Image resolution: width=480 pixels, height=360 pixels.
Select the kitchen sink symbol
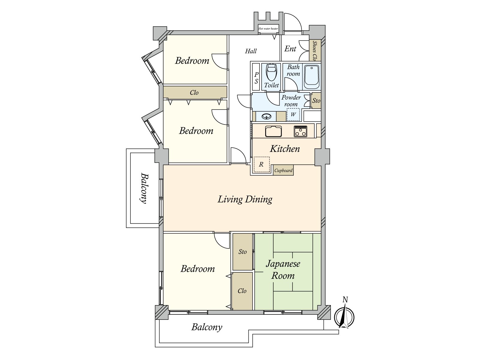[273, 131]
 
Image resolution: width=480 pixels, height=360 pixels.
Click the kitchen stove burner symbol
[300, 131]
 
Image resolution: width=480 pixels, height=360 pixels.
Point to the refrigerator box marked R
[262, 165]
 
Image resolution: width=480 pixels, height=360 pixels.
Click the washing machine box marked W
[293, 115]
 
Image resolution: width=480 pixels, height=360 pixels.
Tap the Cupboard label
[283, 170]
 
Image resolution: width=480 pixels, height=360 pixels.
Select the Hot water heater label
[268, 29]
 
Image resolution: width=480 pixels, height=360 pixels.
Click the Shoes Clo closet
[315, 50]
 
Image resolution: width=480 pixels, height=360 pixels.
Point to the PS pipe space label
[256, 78]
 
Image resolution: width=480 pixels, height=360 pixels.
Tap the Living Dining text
[245, 199]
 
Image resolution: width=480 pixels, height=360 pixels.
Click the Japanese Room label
[283, 270]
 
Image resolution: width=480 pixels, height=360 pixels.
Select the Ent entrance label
[290, 49]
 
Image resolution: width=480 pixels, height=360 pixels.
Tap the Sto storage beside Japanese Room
[243, 252]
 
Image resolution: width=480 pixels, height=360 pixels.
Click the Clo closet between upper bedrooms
[194, 92]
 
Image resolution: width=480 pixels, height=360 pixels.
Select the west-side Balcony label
[144, 188]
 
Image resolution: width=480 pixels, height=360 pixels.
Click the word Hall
[251, 51]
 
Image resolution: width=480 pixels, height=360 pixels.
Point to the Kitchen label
[285, 149]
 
